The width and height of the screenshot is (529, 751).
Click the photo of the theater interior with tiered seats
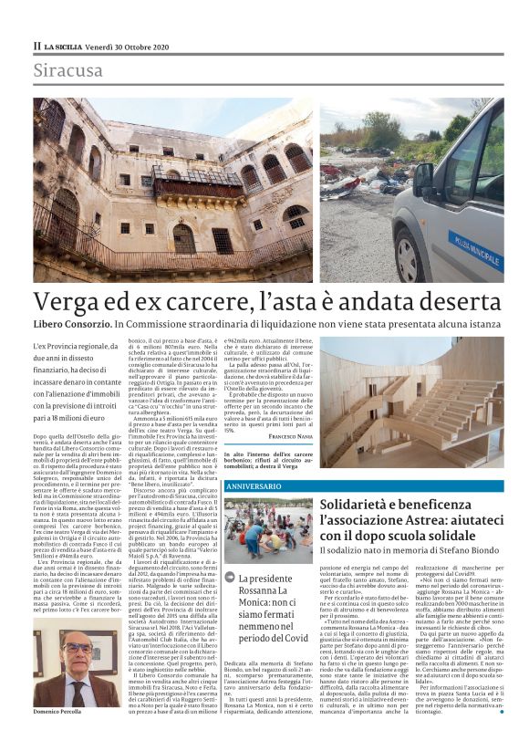click(423, 401)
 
